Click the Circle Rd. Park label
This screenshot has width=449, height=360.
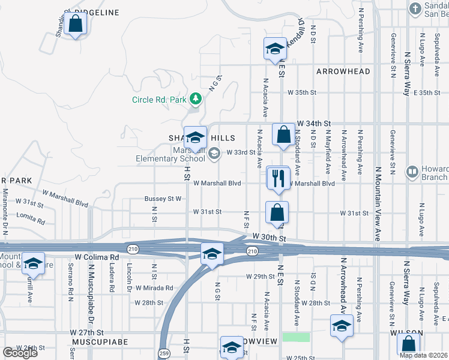click(x=160, y=100)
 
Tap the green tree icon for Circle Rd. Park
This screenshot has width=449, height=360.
click(x=194, y=98)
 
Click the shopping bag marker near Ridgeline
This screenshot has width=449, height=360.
click(x=76, y=25)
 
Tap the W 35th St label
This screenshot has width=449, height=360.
click(x=301, y=92)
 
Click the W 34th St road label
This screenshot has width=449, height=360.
click(x=313, y=122)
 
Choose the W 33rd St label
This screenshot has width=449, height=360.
click(x=241, y=152)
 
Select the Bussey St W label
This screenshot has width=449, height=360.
click(x=163, y=199)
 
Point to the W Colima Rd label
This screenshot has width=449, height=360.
click(x=97, y=257)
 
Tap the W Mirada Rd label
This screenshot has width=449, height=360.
click(x=154, y=289)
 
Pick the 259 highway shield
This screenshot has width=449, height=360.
click(x=164, y=352)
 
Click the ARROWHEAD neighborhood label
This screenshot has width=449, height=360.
click(x=343, y=71)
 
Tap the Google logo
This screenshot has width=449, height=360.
click(x=19, y=353)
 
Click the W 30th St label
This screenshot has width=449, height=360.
click(x=267, y=238)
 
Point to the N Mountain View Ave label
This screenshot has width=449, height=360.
click(x=378, y=198)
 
